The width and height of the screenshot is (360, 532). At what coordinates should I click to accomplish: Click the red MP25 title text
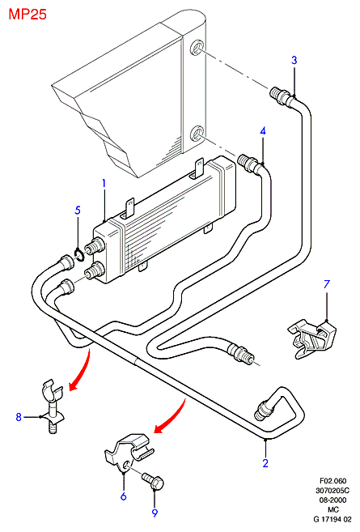pos(28,15)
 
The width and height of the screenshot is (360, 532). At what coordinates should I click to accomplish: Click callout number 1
pos(104,184)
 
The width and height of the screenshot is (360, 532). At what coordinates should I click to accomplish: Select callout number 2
pos(265,463)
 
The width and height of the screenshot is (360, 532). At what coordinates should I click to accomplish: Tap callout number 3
pos(294,60)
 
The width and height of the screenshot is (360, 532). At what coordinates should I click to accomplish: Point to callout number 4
pos(263,130)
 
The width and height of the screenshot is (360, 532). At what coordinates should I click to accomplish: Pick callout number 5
pos(78,210)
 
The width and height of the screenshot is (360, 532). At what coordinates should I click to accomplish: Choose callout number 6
pos(124,496)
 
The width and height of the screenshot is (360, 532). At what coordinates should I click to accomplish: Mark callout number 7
pos(326,284)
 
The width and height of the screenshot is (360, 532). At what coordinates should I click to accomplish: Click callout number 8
pos(19,417)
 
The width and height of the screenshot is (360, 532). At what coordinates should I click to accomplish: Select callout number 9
pos(155,513)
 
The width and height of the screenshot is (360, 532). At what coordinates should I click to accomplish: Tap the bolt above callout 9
pos(153,480)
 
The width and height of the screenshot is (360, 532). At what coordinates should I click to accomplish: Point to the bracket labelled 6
pos(129,452)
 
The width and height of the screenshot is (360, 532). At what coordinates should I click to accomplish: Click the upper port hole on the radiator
pos(197,48)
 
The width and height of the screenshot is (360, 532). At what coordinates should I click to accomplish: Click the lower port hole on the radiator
pos(197,134)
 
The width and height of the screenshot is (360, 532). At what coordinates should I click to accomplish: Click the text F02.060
pos(332,481)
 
